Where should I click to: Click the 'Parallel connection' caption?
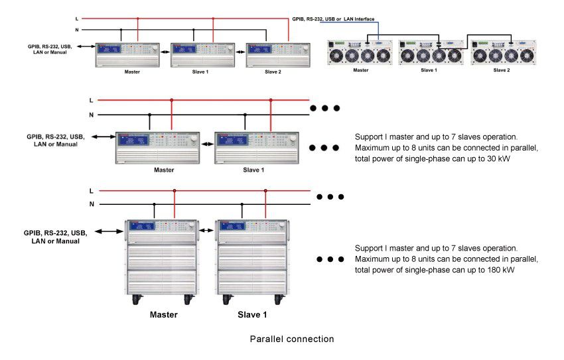pyautogui.click(x=291, y=339)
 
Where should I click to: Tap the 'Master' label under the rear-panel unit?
pyautogui.click(x=360, y=70)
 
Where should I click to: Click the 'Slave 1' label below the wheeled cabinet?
pyautogui.click(x=252, y=314)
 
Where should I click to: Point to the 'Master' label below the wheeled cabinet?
pyautogui.click(x=163, y=314)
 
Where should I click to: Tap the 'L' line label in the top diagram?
pyautogui.click(x=78, y=19)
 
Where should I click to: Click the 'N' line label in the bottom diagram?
pyautogui.click(x=92, y=204)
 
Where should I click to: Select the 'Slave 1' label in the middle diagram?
pyautogui.click(x=253, y=170)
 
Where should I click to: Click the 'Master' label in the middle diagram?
pyautogui.click(x=164, y=170)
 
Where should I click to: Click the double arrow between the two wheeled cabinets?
pyautogui.click(x=206, y=230)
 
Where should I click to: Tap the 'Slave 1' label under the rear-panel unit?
pyautogui.click(x=428, y=70)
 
